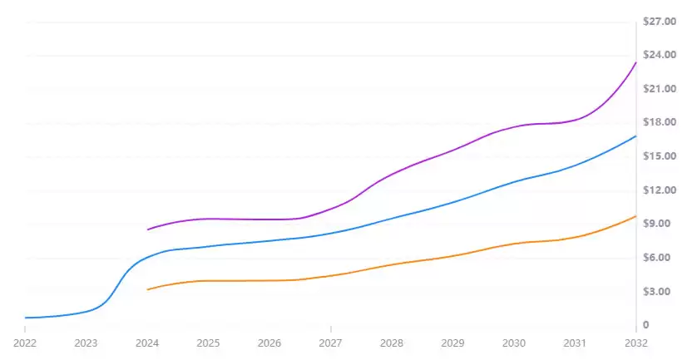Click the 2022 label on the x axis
point(25,342)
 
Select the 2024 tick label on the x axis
point(147,342)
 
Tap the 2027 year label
point(330,342)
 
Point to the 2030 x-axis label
point(514,342)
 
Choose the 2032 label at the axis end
point(636,342)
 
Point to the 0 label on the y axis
point(646,325)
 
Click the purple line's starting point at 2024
point(148,229)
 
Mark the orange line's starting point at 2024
point(148,289)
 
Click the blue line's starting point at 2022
point(26,318)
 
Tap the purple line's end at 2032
point(636,62)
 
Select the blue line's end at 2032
point(636,136)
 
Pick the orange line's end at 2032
point(636,216)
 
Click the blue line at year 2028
point(392,219)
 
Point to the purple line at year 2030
point(514,126)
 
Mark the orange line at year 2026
point(269,280)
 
